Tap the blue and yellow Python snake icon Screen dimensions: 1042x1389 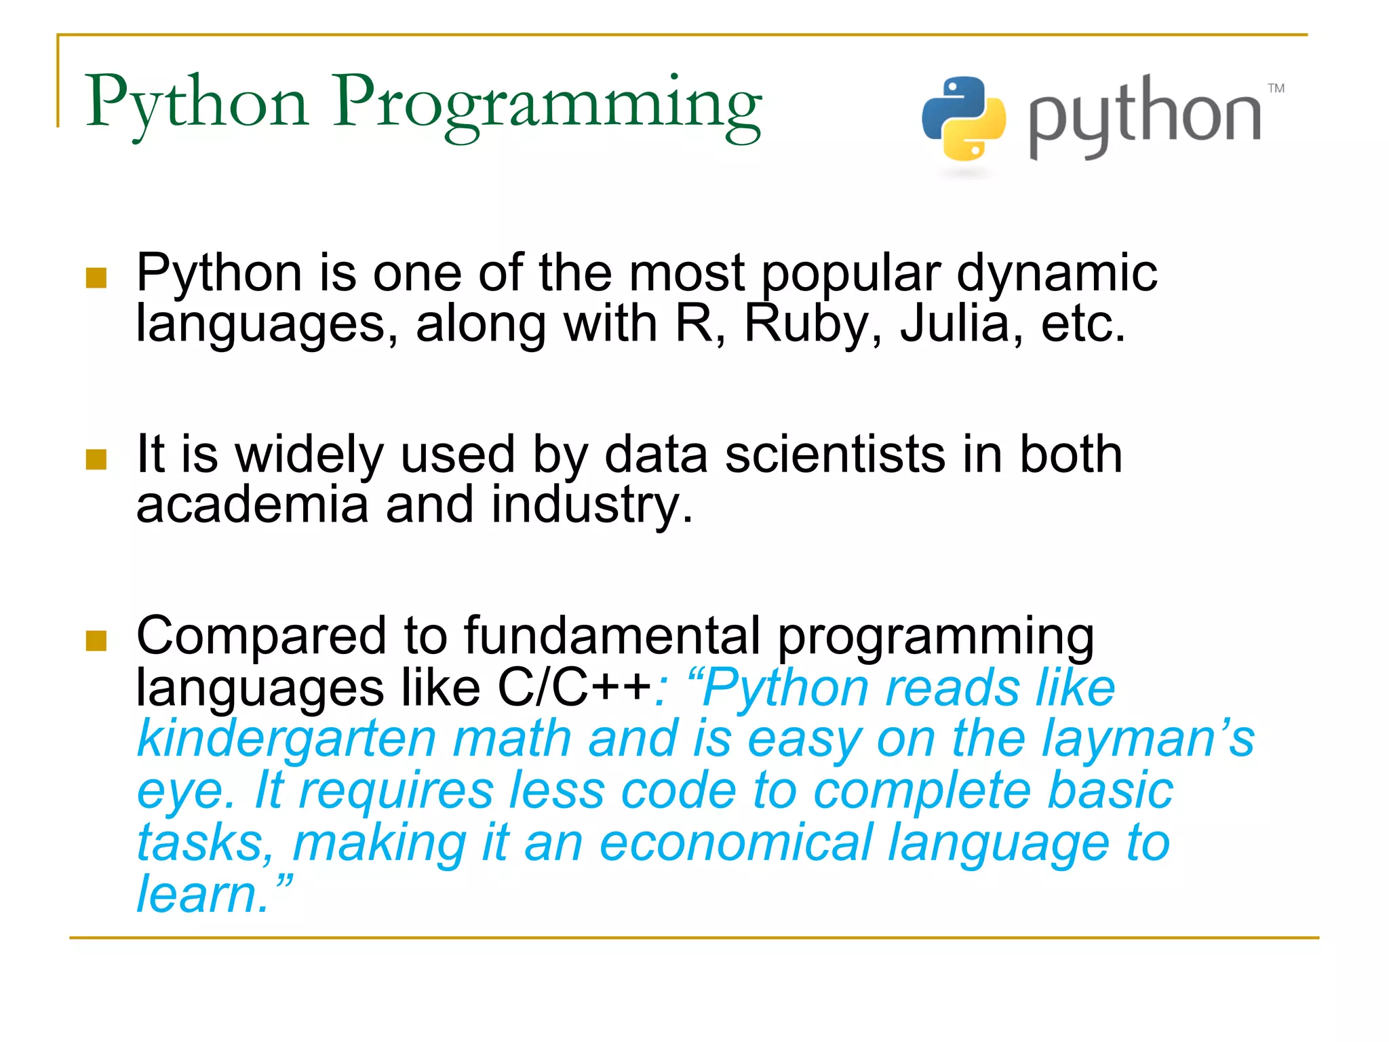coord(963,119)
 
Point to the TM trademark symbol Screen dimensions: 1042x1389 coord(1276,88)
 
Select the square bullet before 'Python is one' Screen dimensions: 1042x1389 coord(96,277)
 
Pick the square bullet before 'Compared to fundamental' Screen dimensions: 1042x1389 coord(96,640)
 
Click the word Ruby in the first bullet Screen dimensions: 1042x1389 coord(806,324)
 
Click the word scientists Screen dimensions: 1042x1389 coord(836,454)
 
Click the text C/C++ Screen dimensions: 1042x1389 coord(574,687)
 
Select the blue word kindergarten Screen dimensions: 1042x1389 coord(287,739)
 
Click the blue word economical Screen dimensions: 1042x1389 coord(736,843)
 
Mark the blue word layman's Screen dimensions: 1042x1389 coord(1148,739)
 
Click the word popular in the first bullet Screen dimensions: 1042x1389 coord(851,273)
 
